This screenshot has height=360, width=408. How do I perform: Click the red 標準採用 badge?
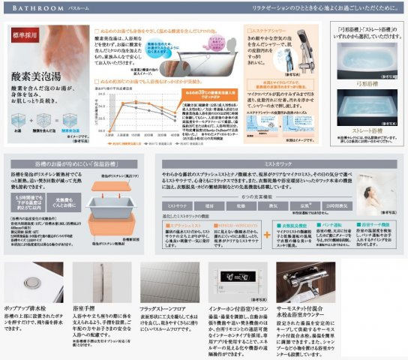click(24, 34)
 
